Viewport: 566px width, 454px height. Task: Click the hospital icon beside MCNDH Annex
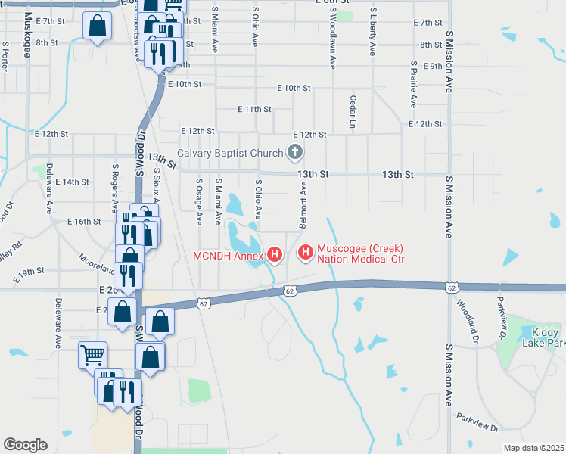pos(275,254)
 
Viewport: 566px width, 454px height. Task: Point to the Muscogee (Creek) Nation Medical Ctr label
pos(360,253)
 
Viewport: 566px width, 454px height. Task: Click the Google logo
pos(25,445)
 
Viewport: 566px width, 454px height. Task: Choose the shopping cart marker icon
pos(93,353)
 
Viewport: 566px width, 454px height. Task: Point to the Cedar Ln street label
pos(353,110)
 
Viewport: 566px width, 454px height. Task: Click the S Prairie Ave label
pos(413,84)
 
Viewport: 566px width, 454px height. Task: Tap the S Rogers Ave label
pos(114,186)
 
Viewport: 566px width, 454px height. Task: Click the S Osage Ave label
pos(199,202)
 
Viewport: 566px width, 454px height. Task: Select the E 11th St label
pos(254,109)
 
